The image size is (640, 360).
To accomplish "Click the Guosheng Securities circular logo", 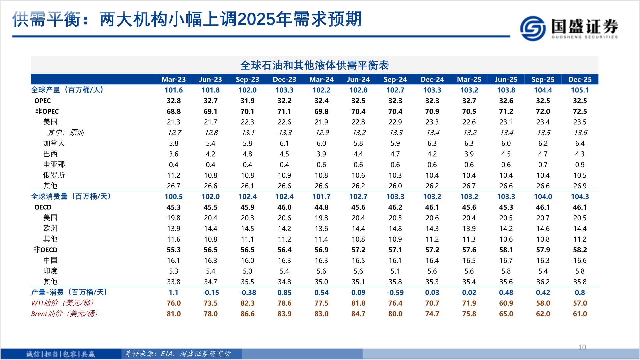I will pyautogui.click(x=533, y=29).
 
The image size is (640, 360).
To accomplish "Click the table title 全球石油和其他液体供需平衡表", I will pyautogui.click(x=314, y=65).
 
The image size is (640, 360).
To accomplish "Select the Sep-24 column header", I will pyautogui.click(x=395, y=79).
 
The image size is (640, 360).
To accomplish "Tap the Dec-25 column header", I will pyautogui.click(x=580, y=79).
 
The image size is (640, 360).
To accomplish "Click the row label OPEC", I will pyautogui.click(x=42, y=101).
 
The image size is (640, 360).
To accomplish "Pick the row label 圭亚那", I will pyautogui.click(x=54, y=164).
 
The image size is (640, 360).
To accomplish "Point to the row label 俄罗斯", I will pyautogui.click(x=54, y=175).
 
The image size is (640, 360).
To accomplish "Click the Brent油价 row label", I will pyautogui.click(x=64, y=314).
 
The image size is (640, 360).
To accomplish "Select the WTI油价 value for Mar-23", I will pyautogui.click(x=173, y=303).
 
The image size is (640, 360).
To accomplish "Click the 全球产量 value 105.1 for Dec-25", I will pyautogui.click(x=580, y=90).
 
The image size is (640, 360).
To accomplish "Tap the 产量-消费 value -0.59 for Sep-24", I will pyautogui.click(x=395, y=292).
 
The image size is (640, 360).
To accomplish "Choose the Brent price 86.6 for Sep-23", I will pyautogui.click(x=247, y=314).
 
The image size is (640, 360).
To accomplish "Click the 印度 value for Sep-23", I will pyautogui.click(x=247, y=271).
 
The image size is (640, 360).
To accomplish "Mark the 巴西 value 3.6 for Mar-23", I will pyautogui.click(x=173, y=154).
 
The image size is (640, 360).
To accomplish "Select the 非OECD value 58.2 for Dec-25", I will pyautogui.click(x=580, y=250).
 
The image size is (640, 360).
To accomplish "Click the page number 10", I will pyautogui.click(x=582, y=347).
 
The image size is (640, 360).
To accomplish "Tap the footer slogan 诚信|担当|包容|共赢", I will pyautogui.click(x=61, y=354).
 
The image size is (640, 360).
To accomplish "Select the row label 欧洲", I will pyautogui.click(x=50, y=228).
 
